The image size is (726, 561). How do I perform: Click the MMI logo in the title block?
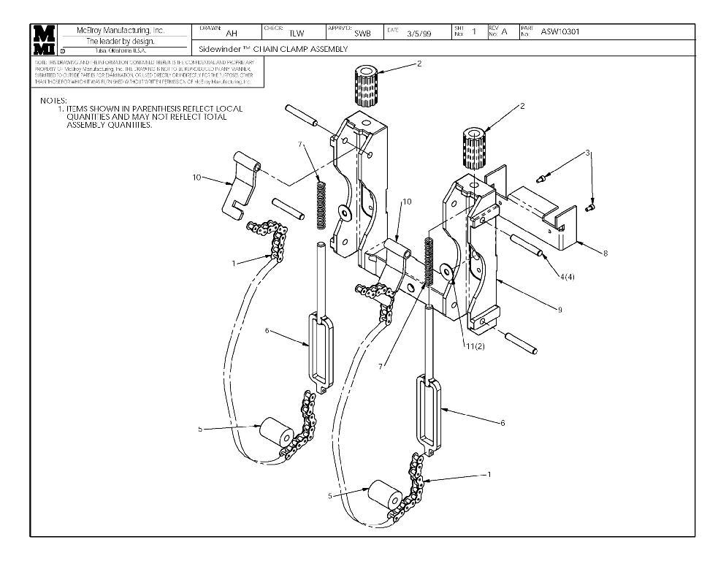44,39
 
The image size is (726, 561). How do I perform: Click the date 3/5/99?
419,34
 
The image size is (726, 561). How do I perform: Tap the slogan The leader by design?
121,41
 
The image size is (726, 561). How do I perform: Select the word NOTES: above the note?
53,100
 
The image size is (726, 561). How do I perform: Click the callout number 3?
586,153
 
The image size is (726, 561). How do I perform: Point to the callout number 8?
605,253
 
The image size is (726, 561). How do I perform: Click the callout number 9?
559,310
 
